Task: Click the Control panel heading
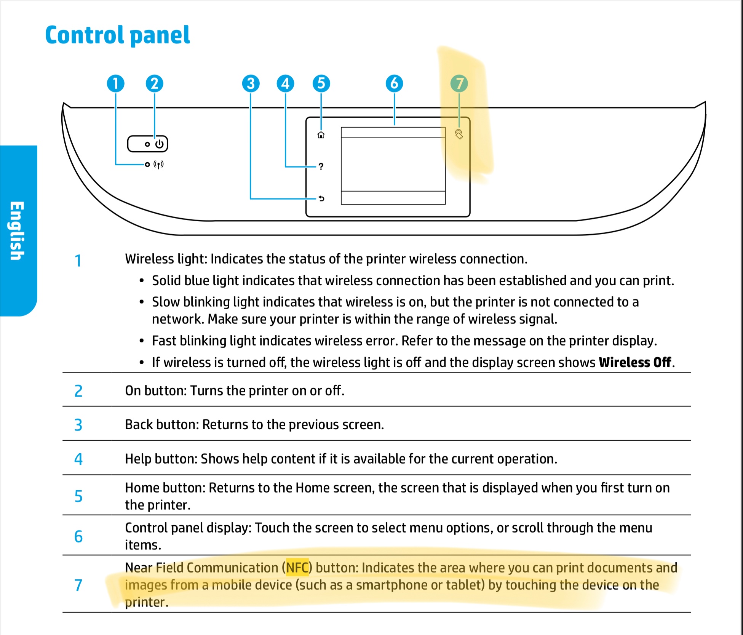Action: pyautogui.click(x=117, y=35)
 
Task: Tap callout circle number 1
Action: pyautogui.click(x=115, y=83)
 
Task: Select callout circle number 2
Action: pyautogui.click(x=154, y=83)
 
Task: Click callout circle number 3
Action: pyautogui.click(x=251, y=83)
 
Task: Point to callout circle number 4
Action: pyautogui.click(x=285, y=83)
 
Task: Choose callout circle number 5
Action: pyautogui.click(x=321, y=83)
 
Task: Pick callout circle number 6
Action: pyautogui.click(x=394, y=83)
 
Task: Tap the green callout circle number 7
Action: pyautogui.click(x=459, y=83)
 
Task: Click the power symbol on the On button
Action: pyautogui.click(x=159, y=144)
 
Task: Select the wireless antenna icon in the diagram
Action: pyautogui.click(x=158, y=165)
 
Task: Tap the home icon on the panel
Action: pyautogui.click(x=321, y=135)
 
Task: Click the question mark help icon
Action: pyautogui.click(x=321, y=166)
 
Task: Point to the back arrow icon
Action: pyautogui.click(x=321, y=198)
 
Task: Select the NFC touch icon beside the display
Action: pyautogui.click(x=459, y=134)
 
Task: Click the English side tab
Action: pyautogui.click(x=17, y=230)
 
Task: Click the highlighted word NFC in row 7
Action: pyautogui.click(x=297, y=568)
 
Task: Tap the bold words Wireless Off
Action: pyautogui.click(x=634, y=362)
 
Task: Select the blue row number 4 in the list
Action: pyautogui.click(x=78, y=459)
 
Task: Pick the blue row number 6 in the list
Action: pyautogui.click(x=78, y=536)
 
